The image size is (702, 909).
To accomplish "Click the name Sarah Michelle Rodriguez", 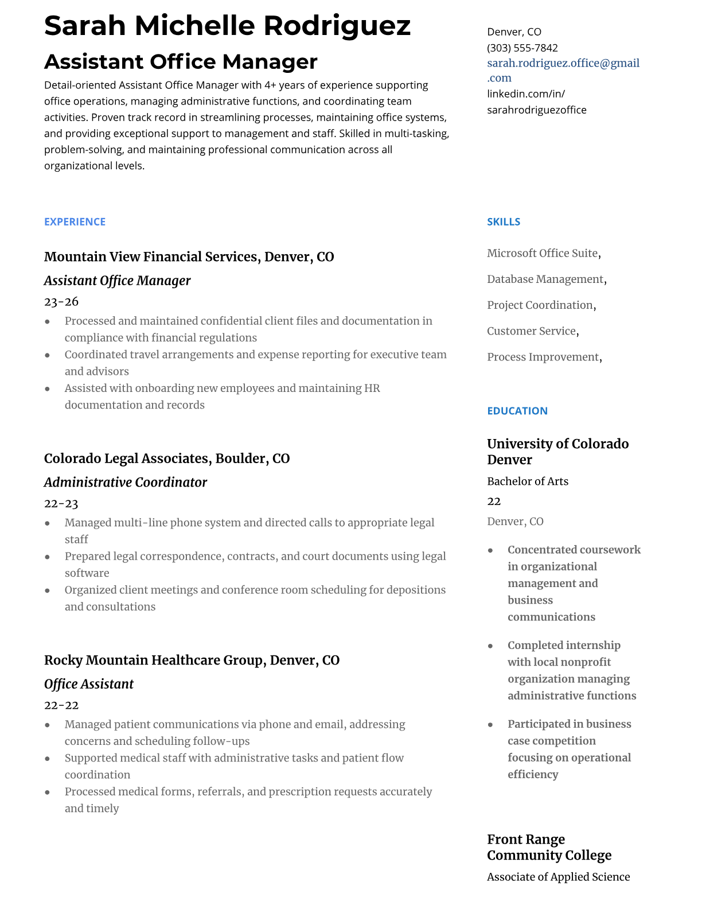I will (x=227, y=26).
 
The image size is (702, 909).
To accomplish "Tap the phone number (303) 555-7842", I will (x=522, y=48).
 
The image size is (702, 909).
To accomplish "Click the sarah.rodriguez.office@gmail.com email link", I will (x=563, y=70).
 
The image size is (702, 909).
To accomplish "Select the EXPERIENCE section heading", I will (x=75, y=222).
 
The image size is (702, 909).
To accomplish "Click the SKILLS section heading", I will (x=503, y=222).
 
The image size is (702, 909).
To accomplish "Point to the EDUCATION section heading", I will (x=517, y=411).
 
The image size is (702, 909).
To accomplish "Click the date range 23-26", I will (x=61, y=301).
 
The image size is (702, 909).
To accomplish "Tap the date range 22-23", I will (x=61, y=503).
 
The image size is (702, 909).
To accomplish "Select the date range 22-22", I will (x=61, y=705).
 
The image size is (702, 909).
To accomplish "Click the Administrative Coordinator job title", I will (x=125, y=482).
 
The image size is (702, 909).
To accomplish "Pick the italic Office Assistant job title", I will (x=88, y=683).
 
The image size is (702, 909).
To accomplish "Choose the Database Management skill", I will (x=545, y=279).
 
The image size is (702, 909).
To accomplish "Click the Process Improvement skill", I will (x=543, y=357).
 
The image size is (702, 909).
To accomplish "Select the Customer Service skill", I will (x=531, y=331).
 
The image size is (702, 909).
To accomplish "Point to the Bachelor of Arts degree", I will (x=527, y=481).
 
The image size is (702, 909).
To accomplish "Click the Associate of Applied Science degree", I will (x=558, y=876).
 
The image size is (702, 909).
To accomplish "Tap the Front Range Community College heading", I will (x=549, y=847).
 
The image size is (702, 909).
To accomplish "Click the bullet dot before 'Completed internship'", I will (x=490, y=646).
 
